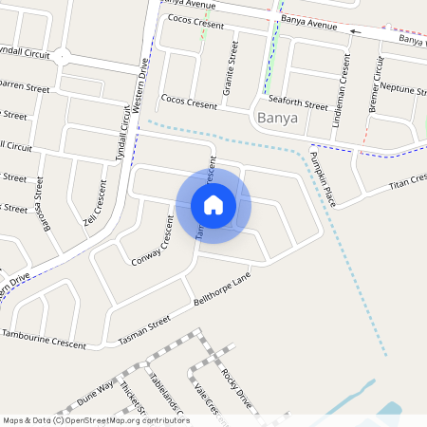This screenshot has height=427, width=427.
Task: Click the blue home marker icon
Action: coord(213,204)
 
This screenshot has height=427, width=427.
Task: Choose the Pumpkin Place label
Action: coord(324,180)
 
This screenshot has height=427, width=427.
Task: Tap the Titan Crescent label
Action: coord(399,181)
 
